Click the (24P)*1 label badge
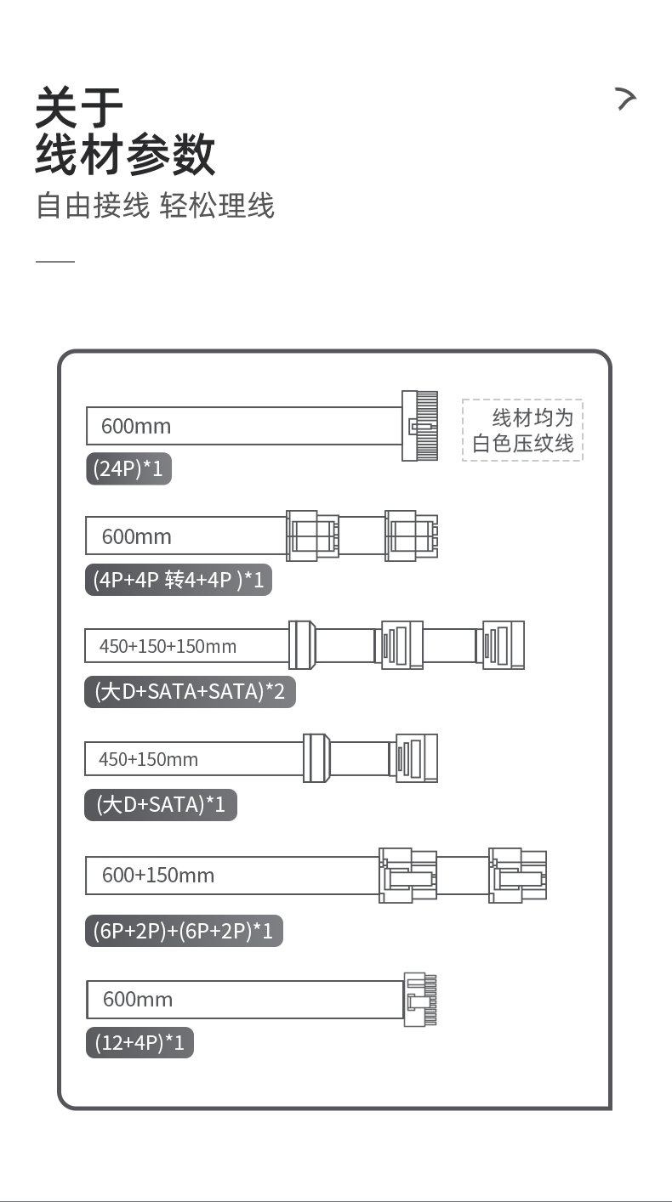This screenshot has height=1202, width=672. [128, 468]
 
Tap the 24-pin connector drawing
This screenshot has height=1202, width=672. [419, 425]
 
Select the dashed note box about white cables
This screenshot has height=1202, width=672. [522, 430]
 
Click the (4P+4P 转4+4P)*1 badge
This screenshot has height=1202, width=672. [179, 580]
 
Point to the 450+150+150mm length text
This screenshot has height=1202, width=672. [168, 646]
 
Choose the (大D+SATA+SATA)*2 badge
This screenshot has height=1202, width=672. [190, 691]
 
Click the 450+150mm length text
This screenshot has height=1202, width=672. [148, 759]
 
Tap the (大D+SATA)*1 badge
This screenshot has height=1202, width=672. [160, 804]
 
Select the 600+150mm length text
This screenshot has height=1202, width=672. [158, 875]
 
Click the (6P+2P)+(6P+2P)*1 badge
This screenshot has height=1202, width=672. [184, 931]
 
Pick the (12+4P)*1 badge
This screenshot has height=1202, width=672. [140, 1042]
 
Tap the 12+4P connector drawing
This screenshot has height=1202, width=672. [424, 1000]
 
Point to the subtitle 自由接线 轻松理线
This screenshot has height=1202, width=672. [155, 207]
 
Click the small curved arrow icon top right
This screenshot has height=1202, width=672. [626, 99]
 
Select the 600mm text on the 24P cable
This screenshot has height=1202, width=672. [136, 426]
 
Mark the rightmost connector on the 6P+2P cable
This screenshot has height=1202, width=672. [517, 875]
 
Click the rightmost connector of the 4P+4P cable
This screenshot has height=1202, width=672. [412, 536]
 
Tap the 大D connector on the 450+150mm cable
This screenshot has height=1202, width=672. [316, 757]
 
